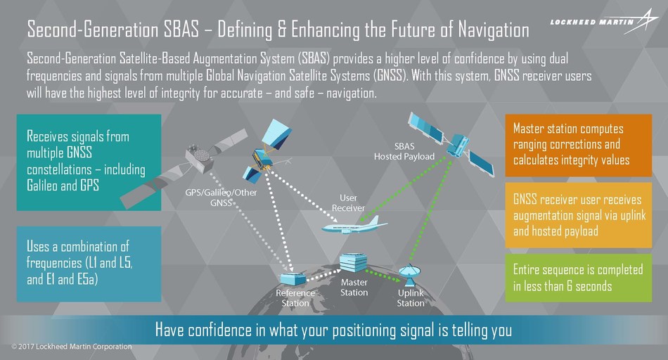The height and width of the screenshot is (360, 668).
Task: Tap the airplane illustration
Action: [x=354, y=225]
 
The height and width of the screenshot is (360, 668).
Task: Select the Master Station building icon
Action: [x=353, y=263]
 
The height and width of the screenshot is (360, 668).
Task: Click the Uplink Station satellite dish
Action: [x=410, y=275]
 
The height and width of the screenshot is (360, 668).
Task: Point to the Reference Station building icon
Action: [x=293, y=279]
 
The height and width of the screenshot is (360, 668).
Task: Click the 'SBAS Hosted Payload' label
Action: [x=404, y=151]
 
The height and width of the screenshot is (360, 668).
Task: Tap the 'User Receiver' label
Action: [x=348, y=202]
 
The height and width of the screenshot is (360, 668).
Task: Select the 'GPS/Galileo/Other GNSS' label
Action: [x=221, y=198]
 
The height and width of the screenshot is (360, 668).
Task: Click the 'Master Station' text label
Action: [x=354, y=288]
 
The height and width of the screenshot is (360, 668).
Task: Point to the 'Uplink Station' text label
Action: [x=411, y=298]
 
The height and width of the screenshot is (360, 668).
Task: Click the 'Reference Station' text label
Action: [x=295, y=298]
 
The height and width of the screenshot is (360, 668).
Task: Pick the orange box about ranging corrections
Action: [x=579, y=146]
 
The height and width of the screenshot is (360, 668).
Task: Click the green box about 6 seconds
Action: [x=579, y=278]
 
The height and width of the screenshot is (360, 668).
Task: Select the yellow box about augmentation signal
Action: [x=579, y=215]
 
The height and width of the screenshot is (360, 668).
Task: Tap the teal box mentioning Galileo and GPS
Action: [x=89, y=162]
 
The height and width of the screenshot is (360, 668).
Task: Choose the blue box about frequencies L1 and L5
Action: [x=89, y=264]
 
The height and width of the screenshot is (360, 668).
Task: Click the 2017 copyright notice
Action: [x=72, y=347]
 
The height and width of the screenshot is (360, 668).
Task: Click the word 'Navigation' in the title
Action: [x=494, y=30]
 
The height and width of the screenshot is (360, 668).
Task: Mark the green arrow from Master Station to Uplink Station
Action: [x=383, y=275]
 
